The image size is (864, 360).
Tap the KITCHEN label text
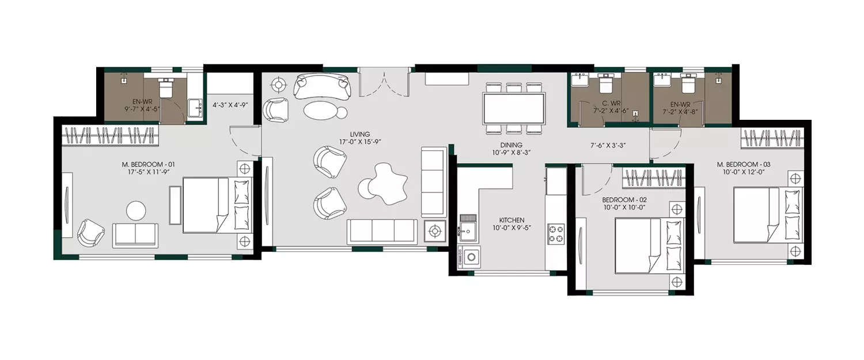[x=511, y=220]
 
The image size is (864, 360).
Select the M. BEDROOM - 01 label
[x=148, y=165]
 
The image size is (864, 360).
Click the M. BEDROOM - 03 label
[x=743, y=165]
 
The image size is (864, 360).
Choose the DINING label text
[x=511, y=145]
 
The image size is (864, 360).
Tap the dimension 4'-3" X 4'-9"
[x=230, y=105]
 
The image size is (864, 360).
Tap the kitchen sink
[x=467, y=232]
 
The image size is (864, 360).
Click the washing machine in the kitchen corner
[x=471, y=256]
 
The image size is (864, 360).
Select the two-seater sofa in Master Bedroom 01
[x=135, y=235]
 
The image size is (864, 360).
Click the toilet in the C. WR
[x=606, y=85]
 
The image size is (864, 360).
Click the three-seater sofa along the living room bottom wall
[x=382, y=231]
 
